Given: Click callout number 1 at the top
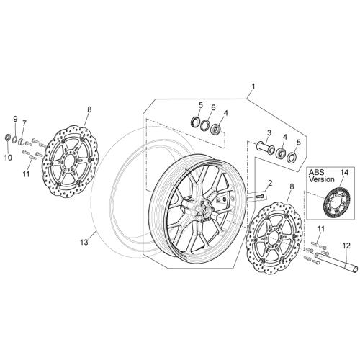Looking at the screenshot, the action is pos(253,86).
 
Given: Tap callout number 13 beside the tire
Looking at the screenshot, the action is pos(84,243).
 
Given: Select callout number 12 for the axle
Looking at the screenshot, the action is pos(346,246).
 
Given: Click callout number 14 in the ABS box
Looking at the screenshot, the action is pos(344,172).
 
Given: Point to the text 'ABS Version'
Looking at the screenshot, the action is pos(321,176).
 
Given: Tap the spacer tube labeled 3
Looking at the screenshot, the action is pos(266,147).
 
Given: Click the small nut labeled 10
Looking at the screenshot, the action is pos(8,138).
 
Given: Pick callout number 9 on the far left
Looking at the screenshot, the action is pos(15,119).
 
